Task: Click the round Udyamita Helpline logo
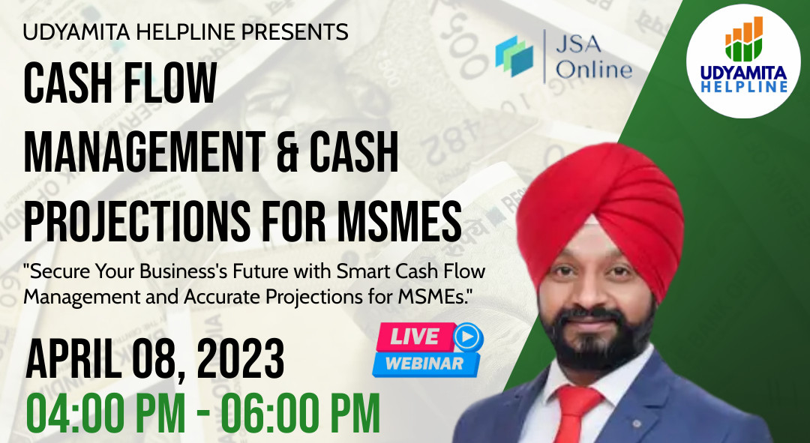[742, 61]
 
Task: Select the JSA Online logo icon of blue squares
[514, 55]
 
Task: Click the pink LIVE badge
[415, 337]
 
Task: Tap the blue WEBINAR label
[426, 364]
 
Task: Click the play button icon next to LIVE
[468, 337]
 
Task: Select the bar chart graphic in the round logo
[744, 39]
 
